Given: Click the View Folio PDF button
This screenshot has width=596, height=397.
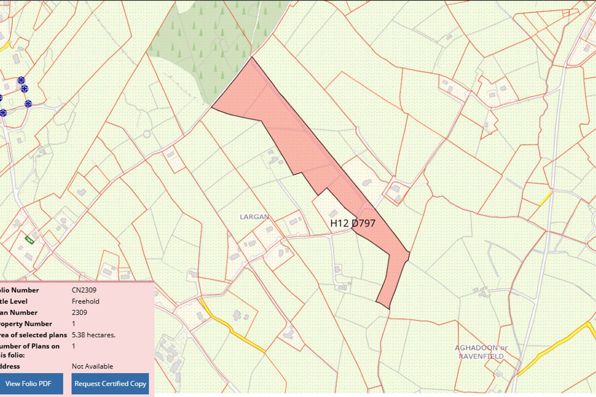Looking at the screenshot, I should [x=28, y=383].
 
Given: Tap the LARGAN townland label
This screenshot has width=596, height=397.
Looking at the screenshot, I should [x=254, y=217].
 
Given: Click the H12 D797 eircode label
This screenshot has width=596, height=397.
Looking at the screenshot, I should [x=353, y=223].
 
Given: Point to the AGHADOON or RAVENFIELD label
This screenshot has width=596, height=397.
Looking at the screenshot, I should [x=481, y=352].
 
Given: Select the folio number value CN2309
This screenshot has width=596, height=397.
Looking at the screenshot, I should [x=84, y=290].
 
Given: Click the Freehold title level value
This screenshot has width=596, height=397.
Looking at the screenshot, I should [x=85, y=301].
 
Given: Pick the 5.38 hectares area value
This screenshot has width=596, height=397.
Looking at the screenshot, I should [x=94, y=335].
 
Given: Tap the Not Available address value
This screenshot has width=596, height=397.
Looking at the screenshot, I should [x=92, y=366].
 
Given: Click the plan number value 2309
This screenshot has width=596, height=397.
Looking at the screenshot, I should [x=79, y=312].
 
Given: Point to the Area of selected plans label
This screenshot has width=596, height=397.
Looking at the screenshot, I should [x=33, y=335].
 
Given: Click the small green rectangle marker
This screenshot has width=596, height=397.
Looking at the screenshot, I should [x=29, y=239].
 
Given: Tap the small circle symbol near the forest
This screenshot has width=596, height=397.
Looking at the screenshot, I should [x=147, y=134].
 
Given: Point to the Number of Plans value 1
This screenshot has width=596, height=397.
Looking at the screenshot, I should [x=74, y=346].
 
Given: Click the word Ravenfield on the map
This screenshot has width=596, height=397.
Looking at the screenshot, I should [x=481, y=356].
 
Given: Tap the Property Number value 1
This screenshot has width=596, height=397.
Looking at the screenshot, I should [x=74, y=323].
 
